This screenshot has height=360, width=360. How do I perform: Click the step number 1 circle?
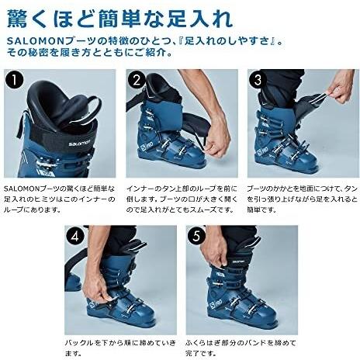(15, 80)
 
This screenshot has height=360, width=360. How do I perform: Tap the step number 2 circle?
(137, 80)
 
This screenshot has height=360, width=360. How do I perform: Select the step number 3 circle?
(258, 80)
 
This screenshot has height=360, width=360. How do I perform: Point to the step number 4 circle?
(75, 237)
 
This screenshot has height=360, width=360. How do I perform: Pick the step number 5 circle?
(197, 237)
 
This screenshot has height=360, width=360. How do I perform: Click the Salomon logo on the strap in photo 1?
(80, 143)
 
